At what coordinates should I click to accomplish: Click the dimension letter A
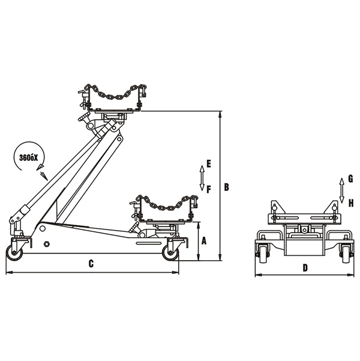204,241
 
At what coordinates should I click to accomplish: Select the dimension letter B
227,187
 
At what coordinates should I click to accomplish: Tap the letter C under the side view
91,263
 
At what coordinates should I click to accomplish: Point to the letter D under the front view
305,268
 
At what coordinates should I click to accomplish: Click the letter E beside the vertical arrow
209,163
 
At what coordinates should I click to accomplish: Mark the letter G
350,179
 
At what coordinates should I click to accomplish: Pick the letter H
350,202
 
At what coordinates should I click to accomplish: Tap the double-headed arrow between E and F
202,177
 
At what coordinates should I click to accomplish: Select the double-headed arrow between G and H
341,190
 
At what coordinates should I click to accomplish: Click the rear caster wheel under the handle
14,253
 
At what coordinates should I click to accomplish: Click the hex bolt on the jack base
46,244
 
